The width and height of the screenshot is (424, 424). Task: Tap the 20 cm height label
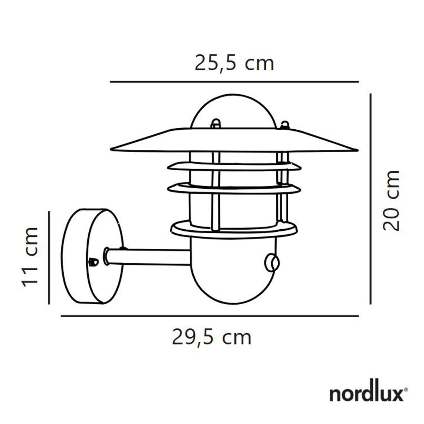coord(391,200)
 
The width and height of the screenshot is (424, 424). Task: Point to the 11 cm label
coord(30,257)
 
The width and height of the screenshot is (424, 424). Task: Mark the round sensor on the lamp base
coord(272,263)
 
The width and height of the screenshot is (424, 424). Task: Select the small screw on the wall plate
coord(93,262)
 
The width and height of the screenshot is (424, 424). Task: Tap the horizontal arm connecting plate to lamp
coord(148,257)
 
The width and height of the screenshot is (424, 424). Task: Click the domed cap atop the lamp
coord(233,111)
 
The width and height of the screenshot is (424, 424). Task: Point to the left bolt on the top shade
coord(216,124)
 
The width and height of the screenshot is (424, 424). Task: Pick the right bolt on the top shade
coord(284,125)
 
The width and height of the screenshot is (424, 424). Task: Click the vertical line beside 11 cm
coord(49,257)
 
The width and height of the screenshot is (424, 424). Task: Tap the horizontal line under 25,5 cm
coord(234,82)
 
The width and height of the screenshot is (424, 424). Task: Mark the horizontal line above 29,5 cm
coord(210,316)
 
